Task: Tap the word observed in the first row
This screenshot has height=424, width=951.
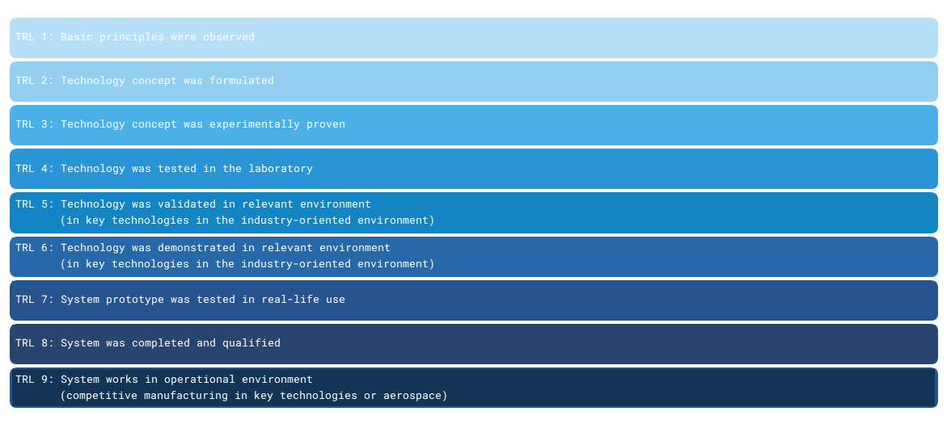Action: point(229,37)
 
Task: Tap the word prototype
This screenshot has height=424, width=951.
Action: point(135,300)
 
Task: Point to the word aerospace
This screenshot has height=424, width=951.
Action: point(411,396)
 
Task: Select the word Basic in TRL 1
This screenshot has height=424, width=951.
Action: point(77,37)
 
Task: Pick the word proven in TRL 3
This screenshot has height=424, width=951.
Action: point(326,124)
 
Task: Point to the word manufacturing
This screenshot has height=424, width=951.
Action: point(184,396)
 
